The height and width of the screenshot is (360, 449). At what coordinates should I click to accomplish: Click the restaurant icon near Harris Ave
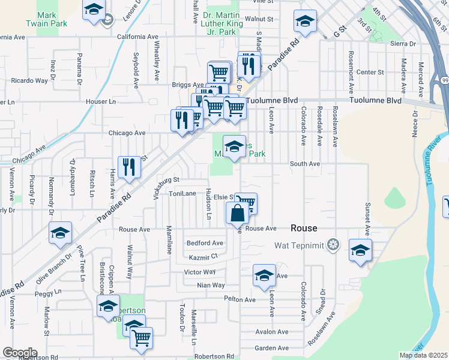pos(128,166)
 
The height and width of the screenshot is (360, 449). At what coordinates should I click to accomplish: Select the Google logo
pos(20,352)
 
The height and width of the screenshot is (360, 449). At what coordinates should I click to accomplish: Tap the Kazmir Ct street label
pos(202,257)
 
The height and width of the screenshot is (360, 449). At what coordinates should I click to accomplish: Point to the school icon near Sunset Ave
pos(360,251)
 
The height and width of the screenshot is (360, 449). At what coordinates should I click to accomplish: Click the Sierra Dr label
pos(403,43)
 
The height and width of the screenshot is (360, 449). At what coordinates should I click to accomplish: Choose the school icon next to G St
pos(305,22)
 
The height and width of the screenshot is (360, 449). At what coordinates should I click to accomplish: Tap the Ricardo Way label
pos(29,80)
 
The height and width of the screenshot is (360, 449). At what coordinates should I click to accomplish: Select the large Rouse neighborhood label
pos(303,228)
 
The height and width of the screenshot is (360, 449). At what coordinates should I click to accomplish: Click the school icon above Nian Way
pos(264,275)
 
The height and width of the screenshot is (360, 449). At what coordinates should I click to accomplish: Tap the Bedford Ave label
pos(205,243)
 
